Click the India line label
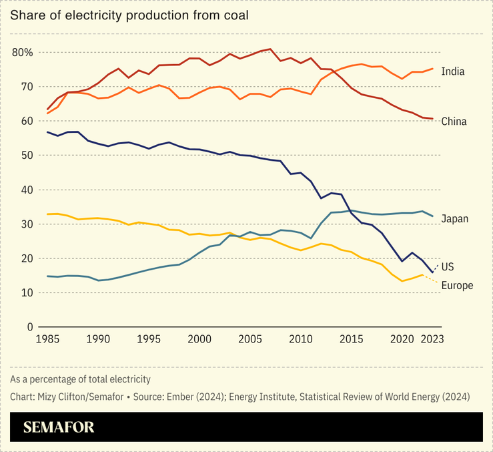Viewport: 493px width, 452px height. pos(453,71)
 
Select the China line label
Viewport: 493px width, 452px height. pos(454,122)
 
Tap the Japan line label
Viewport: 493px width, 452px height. pos(454,218)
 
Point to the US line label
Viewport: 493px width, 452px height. pos(448,267)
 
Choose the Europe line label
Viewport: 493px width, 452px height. pos(457,286)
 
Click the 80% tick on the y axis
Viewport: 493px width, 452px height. pos(23,52)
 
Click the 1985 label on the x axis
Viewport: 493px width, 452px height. pos(47,339)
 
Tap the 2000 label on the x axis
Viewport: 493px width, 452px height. pos(199,339)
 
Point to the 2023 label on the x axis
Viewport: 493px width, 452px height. pos(433,339)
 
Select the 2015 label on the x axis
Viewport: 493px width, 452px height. pos(352,339)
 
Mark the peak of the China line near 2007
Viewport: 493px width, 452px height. pos(270,49)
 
